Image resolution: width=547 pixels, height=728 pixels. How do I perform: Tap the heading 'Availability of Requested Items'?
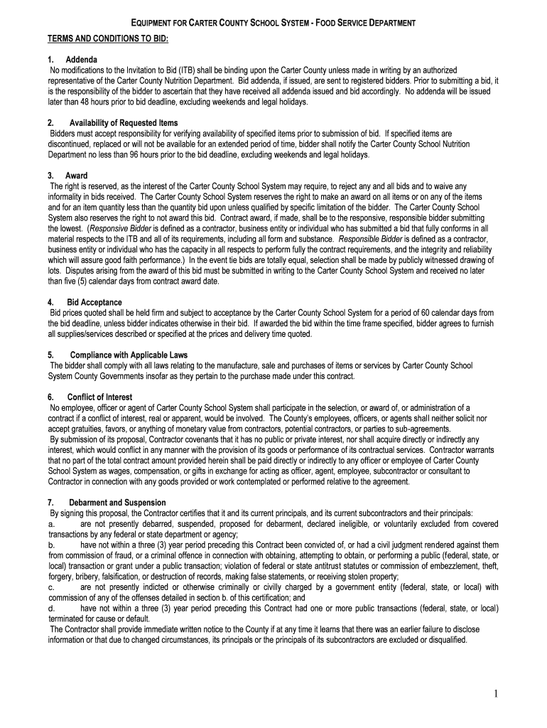[124, 123]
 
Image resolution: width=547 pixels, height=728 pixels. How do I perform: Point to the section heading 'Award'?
[77, 175]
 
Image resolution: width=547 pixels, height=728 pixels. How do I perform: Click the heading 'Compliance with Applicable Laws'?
[129, 355]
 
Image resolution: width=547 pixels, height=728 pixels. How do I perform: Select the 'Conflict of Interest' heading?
[100, 397]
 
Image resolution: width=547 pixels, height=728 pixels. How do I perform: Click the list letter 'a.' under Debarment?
[51, 523]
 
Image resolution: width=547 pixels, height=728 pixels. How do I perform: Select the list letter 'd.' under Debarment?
[51, 609]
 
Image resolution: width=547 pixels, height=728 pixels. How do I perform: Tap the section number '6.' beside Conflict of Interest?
[51, 397]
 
